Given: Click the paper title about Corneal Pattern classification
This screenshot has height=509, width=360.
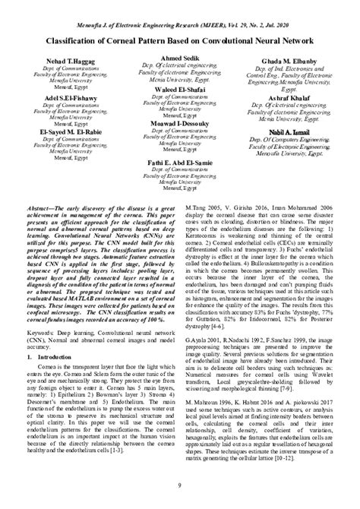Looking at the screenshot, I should [x=180, y=34].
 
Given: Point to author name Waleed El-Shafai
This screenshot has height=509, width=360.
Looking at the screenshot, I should [x=179, y=90].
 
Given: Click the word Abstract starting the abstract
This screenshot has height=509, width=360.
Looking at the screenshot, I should [x=36, y=207].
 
